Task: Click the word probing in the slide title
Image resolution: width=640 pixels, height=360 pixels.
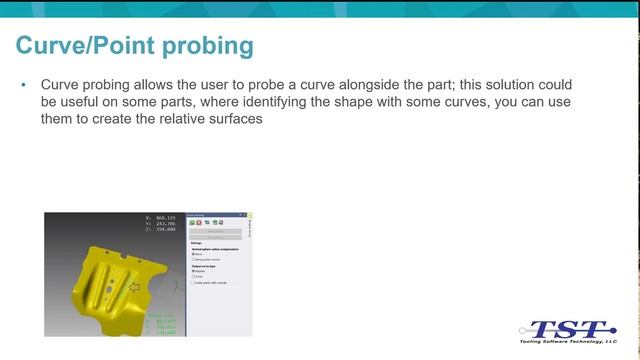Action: pos(206,47)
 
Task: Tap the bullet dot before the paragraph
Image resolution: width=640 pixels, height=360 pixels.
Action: pos(23,86)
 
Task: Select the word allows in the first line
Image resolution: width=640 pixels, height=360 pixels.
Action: pos(150,85)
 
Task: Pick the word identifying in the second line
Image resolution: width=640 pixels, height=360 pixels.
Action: pos(317,102)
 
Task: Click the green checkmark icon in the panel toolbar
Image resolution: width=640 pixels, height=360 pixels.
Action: pos(192,221)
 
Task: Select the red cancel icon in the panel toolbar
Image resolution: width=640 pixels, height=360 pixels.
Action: pos(200,221)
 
